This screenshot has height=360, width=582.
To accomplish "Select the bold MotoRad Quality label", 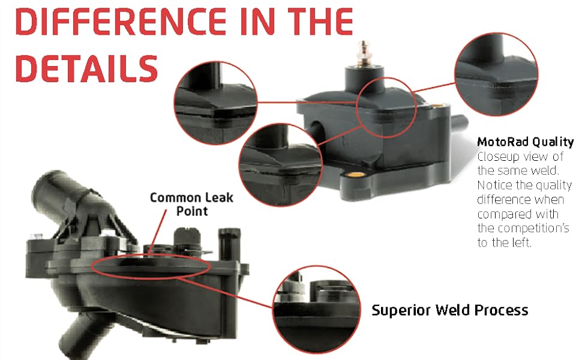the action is pyautogui.click(x=525, y=142).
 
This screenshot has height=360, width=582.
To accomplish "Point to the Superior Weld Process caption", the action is pyautogui.click(x=450, y=310).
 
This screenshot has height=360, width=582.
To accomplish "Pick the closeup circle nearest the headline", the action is pyautogui.click(x=215, y=97).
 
